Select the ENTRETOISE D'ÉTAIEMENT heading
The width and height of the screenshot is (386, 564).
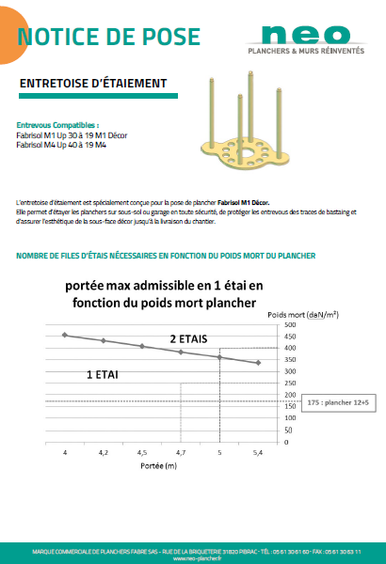point(93,84)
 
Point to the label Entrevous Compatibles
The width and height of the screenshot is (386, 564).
point(57,124)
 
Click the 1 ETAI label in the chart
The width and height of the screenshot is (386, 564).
point(102,374)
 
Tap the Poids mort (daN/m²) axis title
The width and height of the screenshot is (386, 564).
point(303,313)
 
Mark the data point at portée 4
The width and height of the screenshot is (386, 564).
point(65,335)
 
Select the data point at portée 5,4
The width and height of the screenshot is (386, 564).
point(258,363)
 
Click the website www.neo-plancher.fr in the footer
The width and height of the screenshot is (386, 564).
point(192,556)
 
